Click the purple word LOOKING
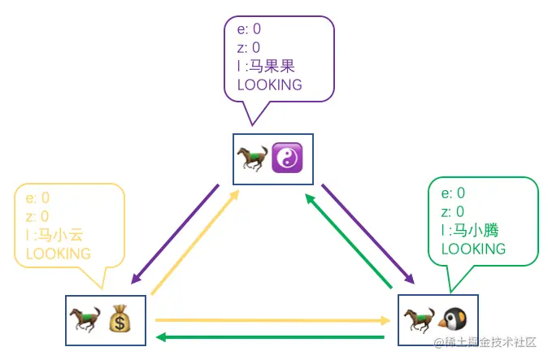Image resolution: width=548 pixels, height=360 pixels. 269,85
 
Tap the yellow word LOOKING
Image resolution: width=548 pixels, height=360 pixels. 59,254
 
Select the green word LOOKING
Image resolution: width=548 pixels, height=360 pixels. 473,249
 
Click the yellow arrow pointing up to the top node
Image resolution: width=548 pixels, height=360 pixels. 195,241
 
